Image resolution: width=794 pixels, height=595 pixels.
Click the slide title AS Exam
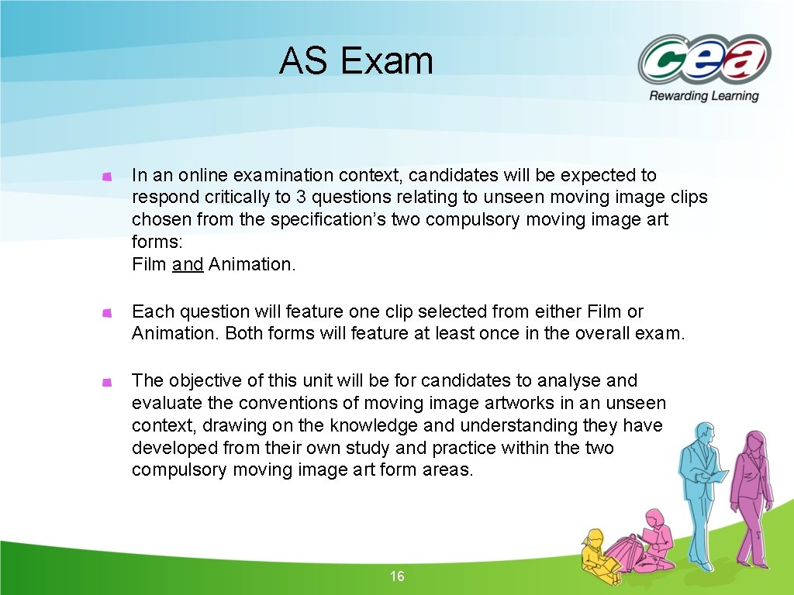[x=356, y=61]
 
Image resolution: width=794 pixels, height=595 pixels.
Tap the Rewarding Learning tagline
[x=703, y=96]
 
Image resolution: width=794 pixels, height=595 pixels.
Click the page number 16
[x=397, y=576]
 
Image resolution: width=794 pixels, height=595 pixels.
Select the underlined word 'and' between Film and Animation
[x=188, y=265]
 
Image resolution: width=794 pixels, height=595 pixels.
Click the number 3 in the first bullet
[x=325, y=198]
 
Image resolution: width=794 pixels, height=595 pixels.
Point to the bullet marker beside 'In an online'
[x=108, y=177]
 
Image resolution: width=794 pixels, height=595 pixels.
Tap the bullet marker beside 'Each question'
[x=108, y=313]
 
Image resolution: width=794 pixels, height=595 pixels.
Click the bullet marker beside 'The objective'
[x=108, y=382]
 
